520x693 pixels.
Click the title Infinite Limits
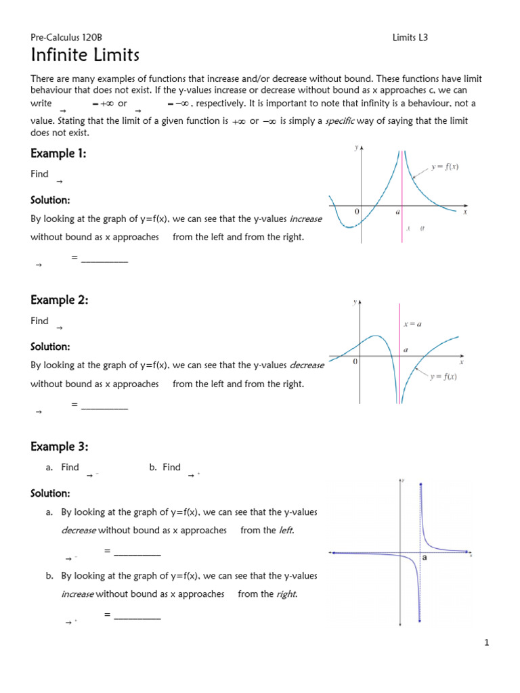point(85,55)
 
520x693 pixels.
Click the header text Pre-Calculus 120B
point(66,38)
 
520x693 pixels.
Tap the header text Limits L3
point(410,38)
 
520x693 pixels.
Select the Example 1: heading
point(58,154)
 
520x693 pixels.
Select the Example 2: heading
point(59,300)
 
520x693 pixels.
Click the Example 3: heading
point(59,447)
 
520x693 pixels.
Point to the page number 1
point(486,643)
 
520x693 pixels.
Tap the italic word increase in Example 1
point(306,219)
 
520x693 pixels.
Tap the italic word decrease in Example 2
point(307,365)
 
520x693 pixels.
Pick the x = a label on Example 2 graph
point(412,323)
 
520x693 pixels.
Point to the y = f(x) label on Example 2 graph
point(443,377)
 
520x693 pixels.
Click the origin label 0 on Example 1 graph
point(357,212)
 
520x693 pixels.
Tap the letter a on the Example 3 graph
point(425,558)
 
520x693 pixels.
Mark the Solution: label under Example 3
point(50,493)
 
